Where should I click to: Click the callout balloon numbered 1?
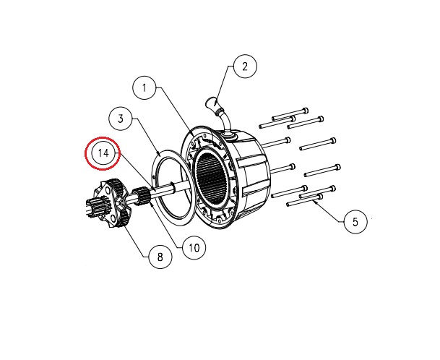point(144,88)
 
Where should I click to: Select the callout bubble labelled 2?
point(244,67)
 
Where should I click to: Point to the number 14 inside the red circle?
point(104,153)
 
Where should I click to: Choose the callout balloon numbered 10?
point(194,248)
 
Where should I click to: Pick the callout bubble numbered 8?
point(160,256)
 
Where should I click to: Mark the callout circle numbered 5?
point(355,222)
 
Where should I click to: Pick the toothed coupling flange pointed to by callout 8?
point(113,202)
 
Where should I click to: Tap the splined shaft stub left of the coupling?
point(92,210)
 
